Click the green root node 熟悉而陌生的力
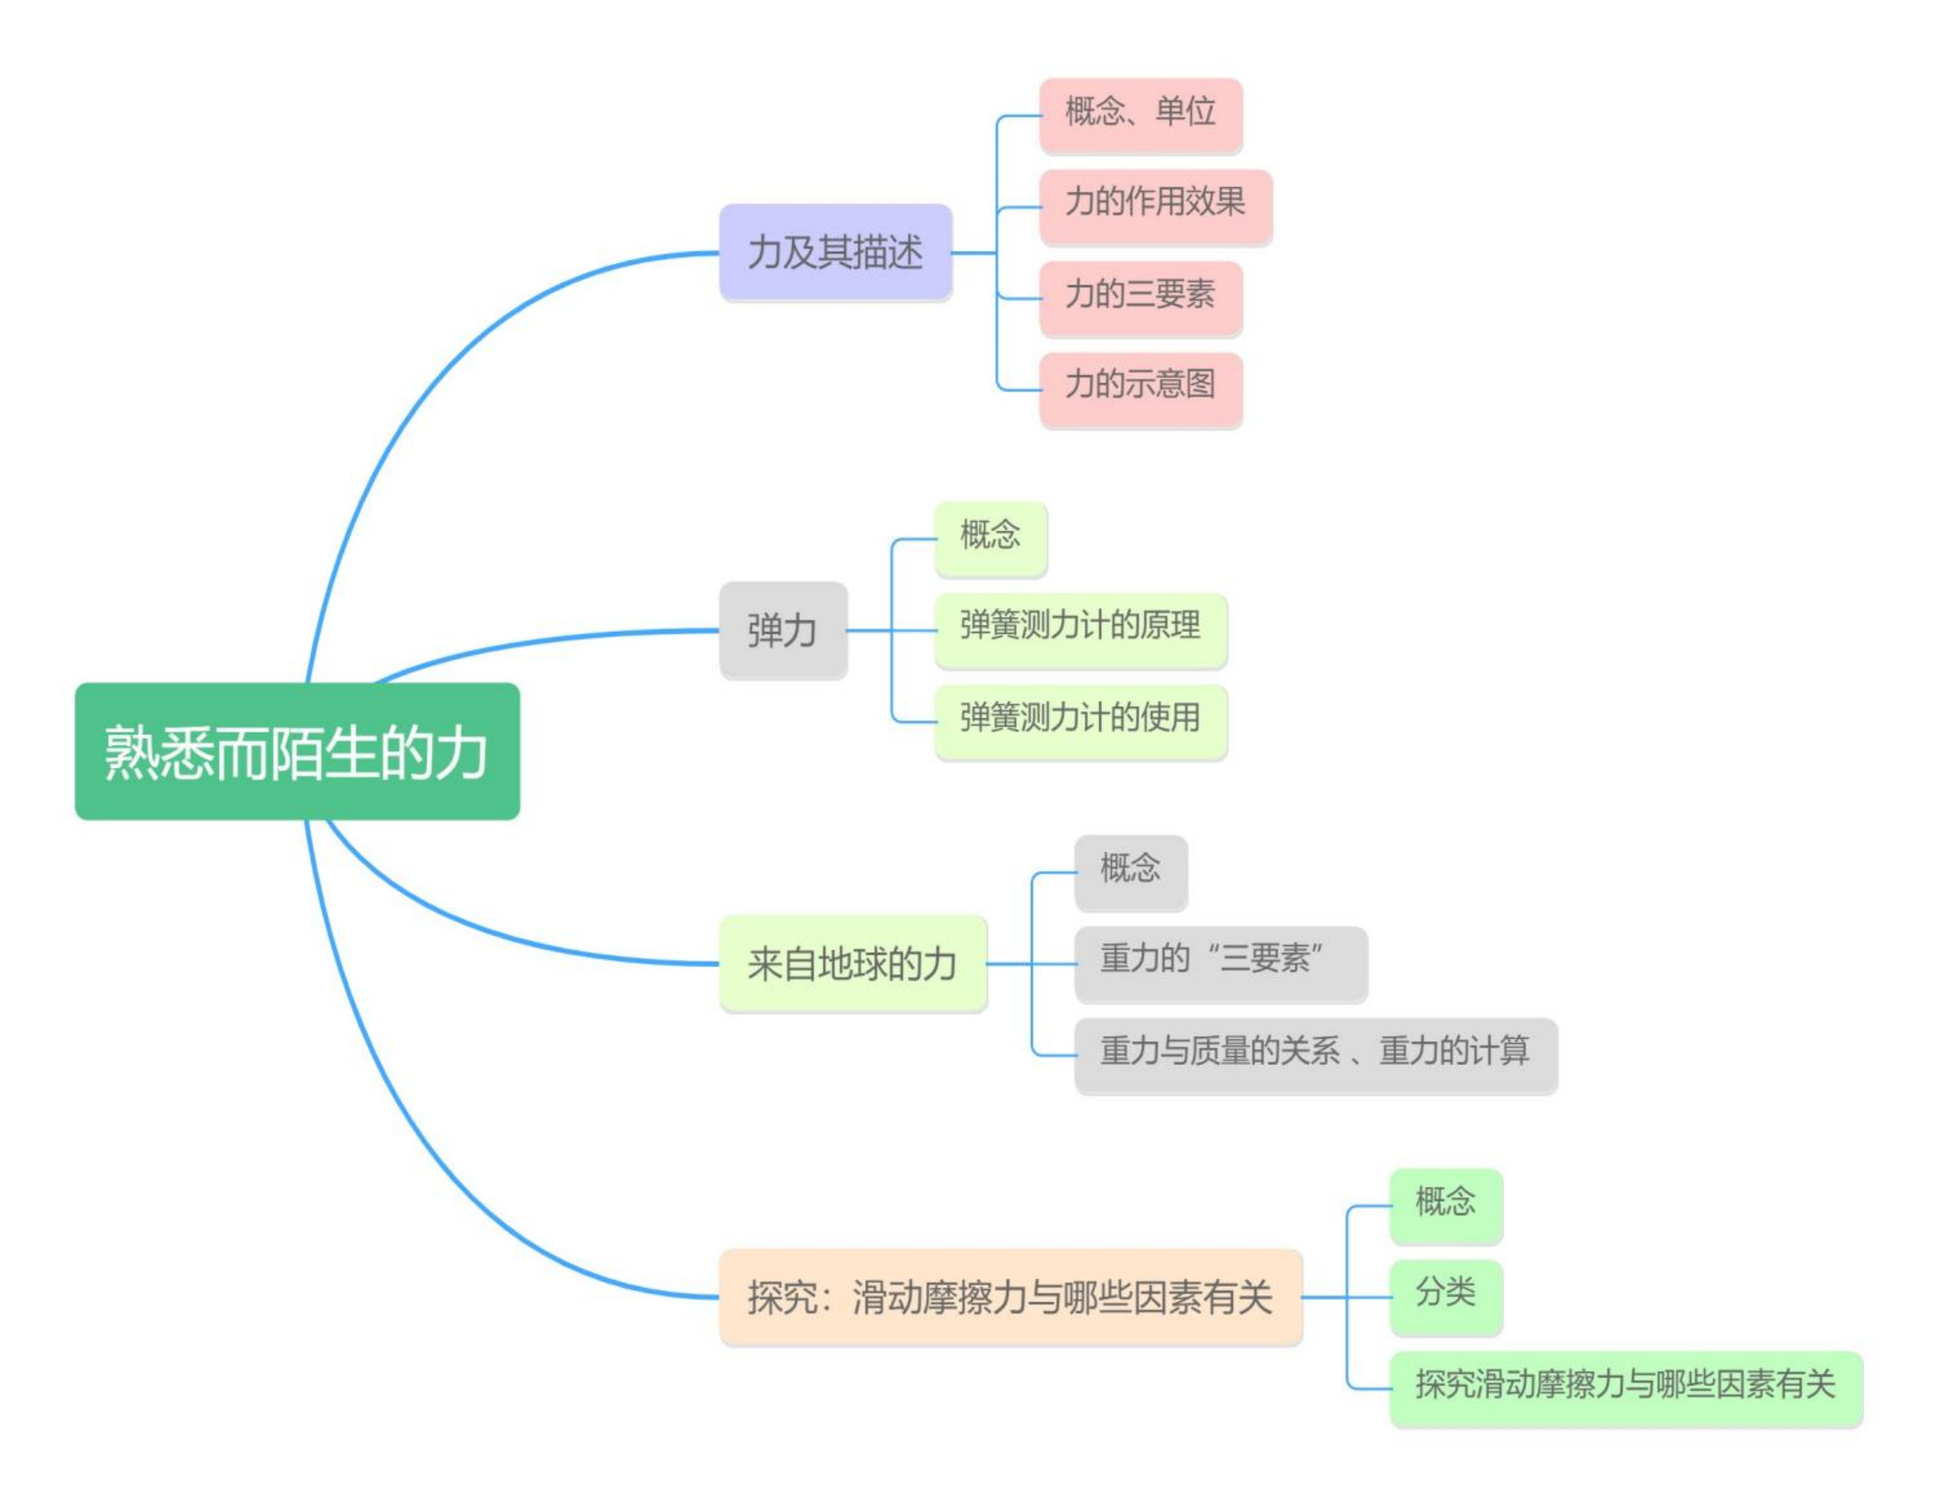click(297, 751)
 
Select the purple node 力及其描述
click(836, 252)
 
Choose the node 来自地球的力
click(852, 964)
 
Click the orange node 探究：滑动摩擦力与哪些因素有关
click(1012, 1298)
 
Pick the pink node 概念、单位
click(1140, 115)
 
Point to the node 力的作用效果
click(1156, 206)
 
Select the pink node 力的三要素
click(1140, 298)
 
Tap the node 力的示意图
click(1140, 390)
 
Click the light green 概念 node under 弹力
click(991, 539)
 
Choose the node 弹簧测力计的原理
click(1081, 630)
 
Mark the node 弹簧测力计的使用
click(1081, 721)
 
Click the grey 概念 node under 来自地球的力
click(1131, 872)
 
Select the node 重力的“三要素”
click(1221, 964)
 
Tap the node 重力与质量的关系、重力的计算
click(1316, 1055)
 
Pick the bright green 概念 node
click(1446, 1206)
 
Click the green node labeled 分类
click(1446, 1298)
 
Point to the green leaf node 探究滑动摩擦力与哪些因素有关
click(1627, 1388)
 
